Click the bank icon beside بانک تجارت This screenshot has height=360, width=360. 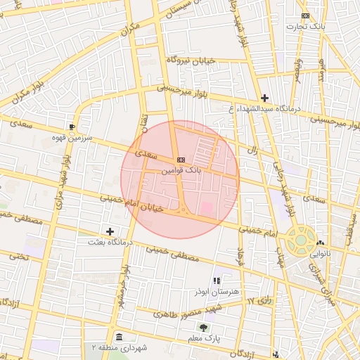[x=304, y=15]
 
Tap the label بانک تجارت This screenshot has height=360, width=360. [x=304, y=27]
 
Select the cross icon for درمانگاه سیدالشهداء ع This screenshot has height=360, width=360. [x=264, y=98]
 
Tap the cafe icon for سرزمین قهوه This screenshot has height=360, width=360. [x=72, y=126]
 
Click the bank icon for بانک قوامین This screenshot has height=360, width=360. [x=181, y=159]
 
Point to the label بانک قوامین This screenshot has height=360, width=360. [x=181, y=170]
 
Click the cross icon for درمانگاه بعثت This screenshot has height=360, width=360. [x=110, y=231]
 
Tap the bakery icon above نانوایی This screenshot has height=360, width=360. [x=320, y=243]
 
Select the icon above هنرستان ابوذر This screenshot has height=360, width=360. [x=226, y=280]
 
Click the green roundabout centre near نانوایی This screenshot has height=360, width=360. [x=300, y=240]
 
